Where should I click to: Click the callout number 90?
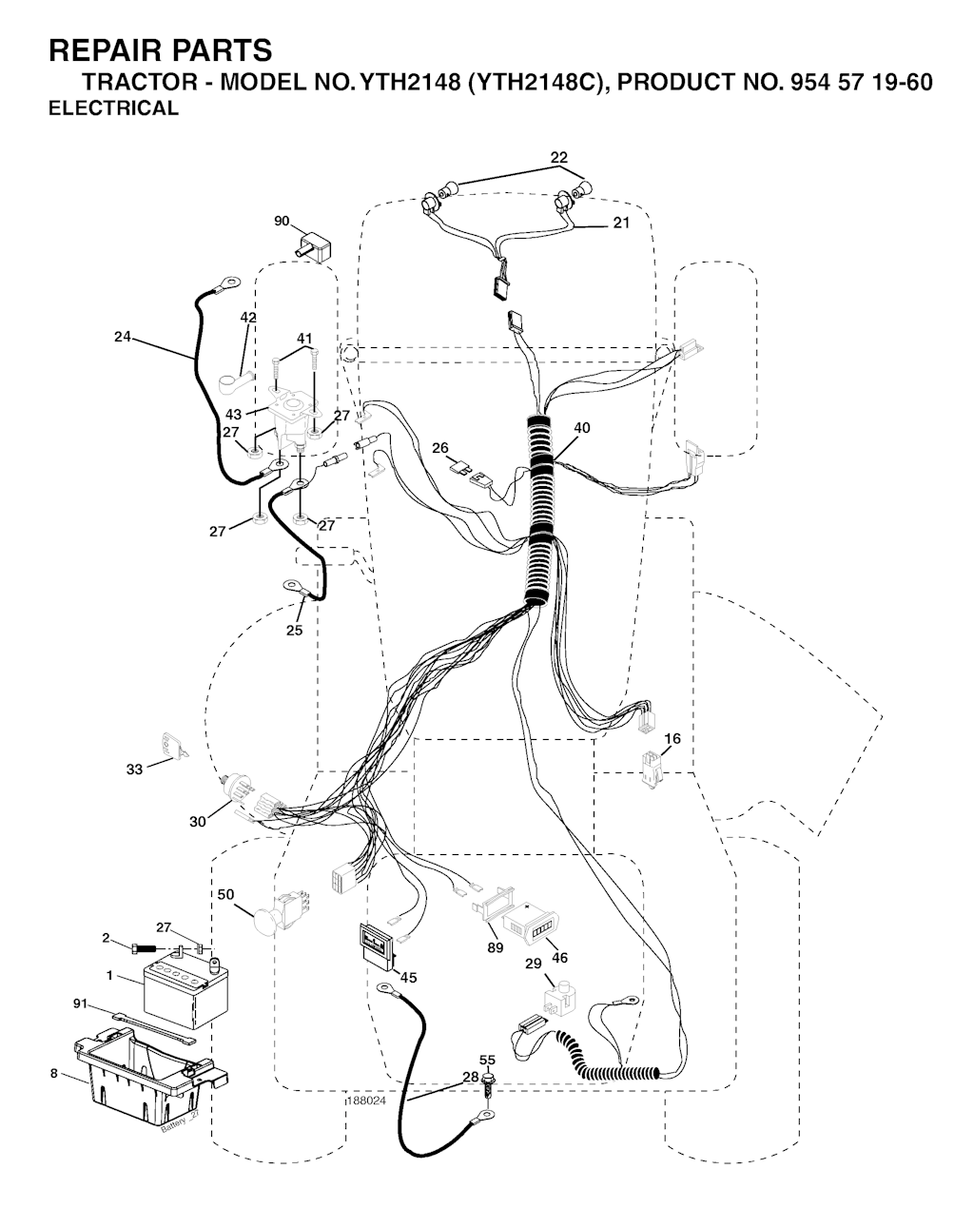click(x=282, y=222)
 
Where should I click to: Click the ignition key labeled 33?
click(x=174, y=746)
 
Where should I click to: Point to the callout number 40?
click(x=582, y=428)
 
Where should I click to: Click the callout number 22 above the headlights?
click(x=558, y=158)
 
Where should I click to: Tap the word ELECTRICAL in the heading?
click(x=114, y=107)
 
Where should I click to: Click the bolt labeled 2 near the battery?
click(x=145, y=949)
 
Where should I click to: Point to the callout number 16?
click(x=672, y=739)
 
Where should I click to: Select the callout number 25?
click(x=294, y=630)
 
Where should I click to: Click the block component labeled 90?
click(x=315, y=246)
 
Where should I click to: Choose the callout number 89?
click(x=496, y=947)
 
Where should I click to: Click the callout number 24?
click(x=123, y=336)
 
